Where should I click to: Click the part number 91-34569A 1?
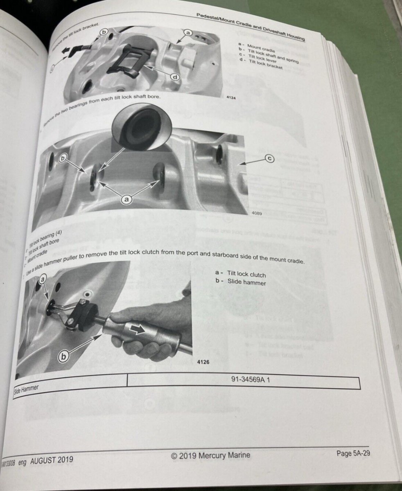pos(250,380)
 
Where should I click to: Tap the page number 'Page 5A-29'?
pos(353,453)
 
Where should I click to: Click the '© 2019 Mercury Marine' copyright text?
pos(210,455)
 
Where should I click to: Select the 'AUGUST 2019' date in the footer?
pos(51,460)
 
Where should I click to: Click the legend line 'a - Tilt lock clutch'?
pos(240,274)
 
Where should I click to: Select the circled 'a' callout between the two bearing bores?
pos(126,199)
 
